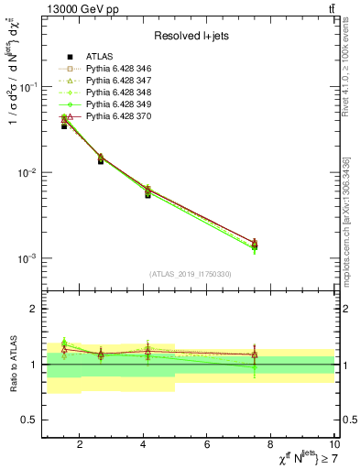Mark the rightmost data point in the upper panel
coord(255,245)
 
